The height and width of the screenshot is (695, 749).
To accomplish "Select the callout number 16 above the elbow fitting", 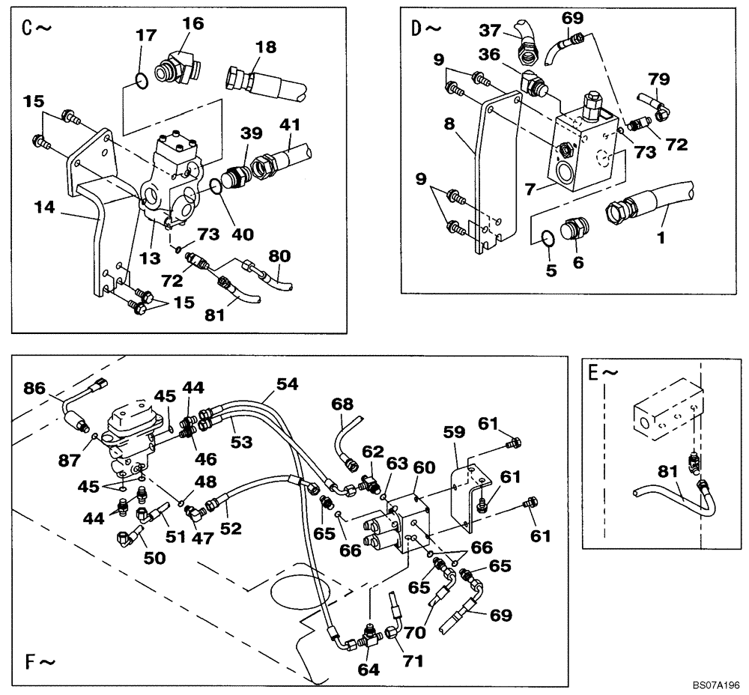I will [192, 24].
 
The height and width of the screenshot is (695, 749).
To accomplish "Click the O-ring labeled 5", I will [549, 238].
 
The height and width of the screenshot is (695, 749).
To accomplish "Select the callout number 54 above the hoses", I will [286, 384].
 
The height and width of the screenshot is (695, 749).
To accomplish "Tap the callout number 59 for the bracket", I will [452, 432].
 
